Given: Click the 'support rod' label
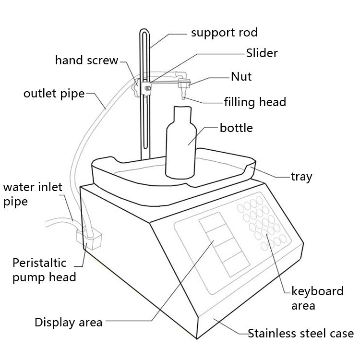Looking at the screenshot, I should [224, 33].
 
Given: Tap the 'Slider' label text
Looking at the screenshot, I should [262, 53].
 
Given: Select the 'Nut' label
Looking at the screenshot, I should [241, 76].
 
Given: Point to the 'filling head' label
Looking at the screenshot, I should [255, 102].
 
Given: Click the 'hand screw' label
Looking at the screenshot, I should [86, 60].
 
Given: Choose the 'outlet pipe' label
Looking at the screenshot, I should [54, 93].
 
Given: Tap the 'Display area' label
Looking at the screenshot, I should [68, 322].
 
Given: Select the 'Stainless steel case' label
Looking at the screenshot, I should [300, 333].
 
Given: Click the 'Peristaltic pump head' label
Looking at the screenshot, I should [44, 270].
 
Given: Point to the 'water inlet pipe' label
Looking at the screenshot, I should [33, 194].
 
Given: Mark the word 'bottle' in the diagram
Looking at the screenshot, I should [236, 128].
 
